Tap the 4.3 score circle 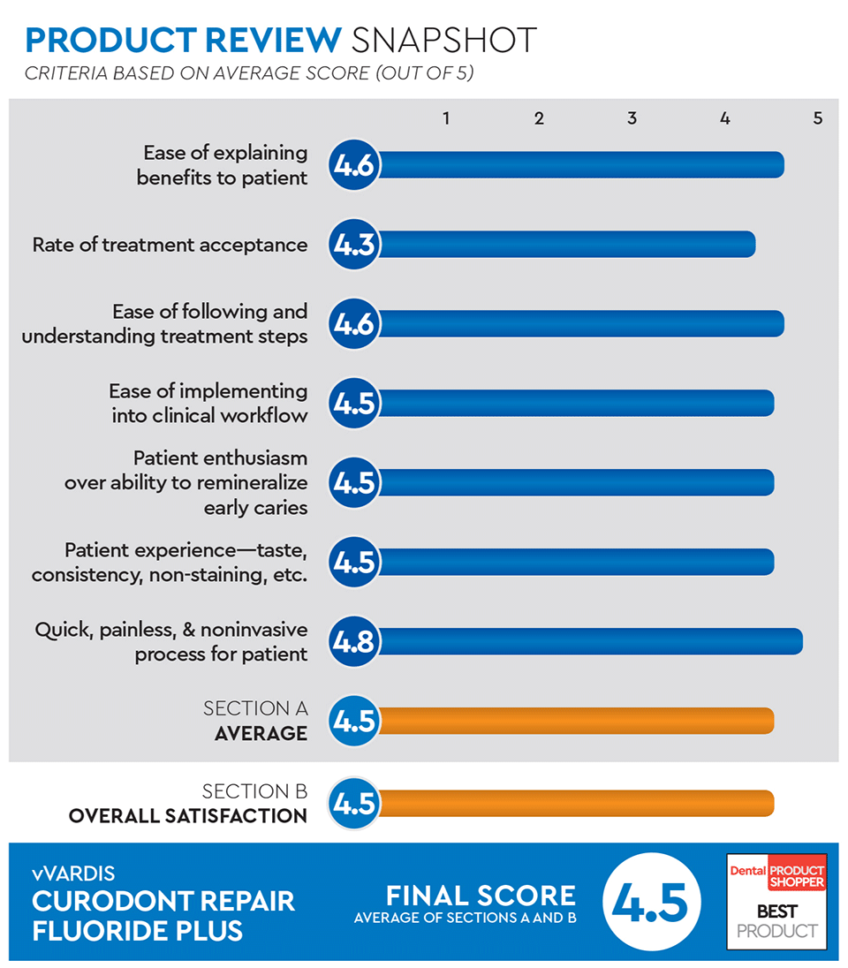[x=354, y=245]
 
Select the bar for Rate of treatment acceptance [x=565, y=245]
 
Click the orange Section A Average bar [x=574, y=721]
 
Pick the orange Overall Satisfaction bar [x=574, y=804]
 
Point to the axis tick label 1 [x=447, y=118]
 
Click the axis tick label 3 [x=632, y=118]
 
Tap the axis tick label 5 [x=818, y=118]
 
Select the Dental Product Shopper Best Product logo [x=776, y=901]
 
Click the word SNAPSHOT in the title [x=443, y=40]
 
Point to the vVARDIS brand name [x=73, y=874]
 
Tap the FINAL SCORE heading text [x=481, y=896]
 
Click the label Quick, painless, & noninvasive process [x=171, y=642]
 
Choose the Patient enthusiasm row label [x=185, y=482]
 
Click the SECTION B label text [x=254, y=791]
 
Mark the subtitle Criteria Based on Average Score [x=249, y=73]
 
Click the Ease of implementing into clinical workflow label [x=208, y=403]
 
